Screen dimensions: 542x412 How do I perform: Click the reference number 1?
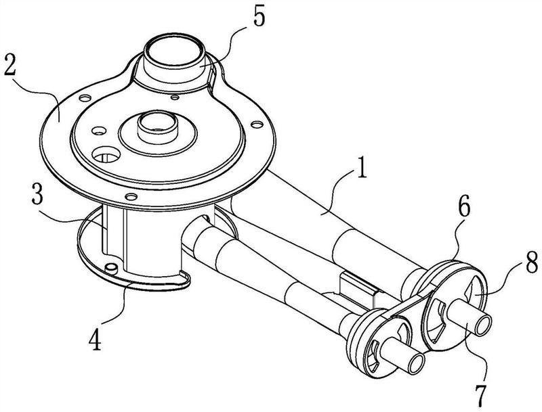(x=362, y=167)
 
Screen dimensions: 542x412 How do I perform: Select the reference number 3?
(x=37, y=195)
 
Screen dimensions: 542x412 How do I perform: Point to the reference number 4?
(x=95, y=339)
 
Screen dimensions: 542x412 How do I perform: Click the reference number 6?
(x=464, y=208)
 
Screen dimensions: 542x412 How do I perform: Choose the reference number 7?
(x=480, y=394)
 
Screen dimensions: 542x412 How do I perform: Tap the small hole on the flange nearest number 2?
(x=84, y=98)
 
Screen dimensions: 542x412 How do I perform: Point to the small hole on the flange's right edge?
(x=257, y=123)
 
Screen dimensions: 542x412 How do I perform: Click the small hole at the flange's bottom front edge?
(x=131, y=197)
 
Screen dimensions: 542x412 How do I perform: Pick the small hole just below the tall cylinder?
(x=175, y=97)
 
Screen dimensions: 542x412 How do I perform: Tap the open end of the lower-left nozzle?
(x=416, y=363)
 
